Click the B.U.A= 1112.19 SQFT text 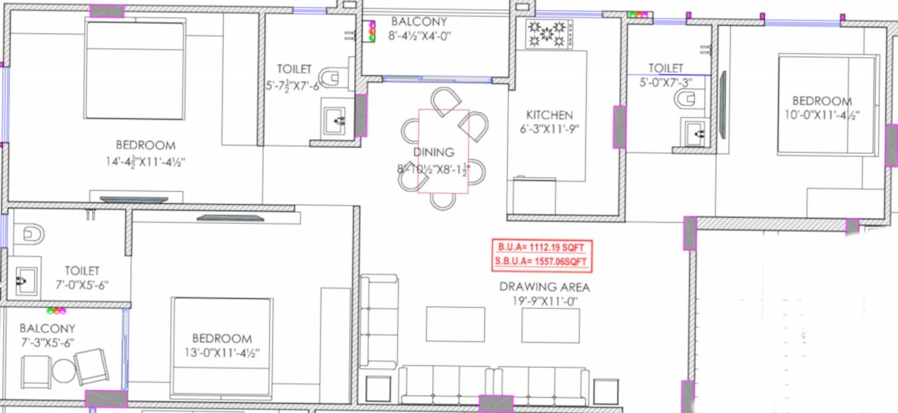point(542,247)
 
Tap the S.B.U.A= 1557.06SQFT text point(542,262)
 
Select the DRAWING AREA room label point(544,287)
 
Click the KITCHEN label point(549,115)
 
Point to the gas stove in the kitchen point(549,34)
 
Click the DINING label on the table point(434,153)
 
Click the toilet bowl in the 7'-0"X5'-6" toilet point(31,234)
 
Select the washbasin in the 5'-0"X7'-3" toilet point(694,133)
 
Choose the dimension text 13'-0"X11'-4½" point(222,353)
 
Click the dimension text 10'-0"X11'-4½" point(831,114)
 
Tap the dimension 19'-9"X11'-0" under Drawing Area point(544,301)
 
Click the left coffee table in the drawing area point(455,324)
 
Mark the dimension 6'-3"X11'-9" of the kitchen point(548,130)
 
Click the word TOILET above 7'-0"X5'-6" point(82,270)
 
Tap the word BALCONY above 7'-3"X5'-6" point(47,328)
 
